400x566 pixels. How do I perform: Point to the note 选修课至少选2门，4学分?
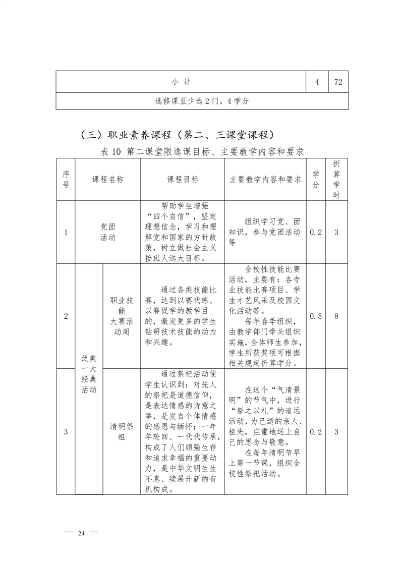click(x=202, y=101)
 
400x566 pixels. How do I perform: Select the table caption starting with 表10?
click(x=202, y=151)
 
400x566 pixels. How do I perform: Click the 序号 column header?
click(x=66, y=179)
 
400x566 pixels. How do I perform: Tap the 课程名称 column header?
click(x=107, y=179)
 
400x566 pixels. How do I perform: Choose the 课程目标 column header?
click(x=183, y=179)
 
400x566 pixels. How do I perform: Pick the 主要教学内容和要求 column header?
click(x=265, y=179)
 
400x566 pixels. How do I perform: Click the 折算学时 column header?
click(x=336, y=179)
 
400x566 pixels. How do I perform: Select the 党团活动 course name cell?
click(x=107, y=232)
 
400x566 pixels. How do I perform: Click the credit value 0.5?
click(x=316, y=316)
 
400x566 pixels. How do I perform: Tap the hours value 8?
click(x=336, y=316)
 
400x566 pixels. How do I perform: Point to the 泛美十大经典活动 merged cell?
click(x=89, y=373)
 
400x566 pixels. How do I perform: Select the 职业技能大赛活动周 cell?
click(x=122, y=316)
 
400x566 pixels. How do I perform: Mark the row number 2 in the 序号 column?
click(x=66, y=316)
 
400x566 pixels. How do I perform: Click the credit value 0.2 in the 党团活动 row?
click(x=316, y=232)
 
